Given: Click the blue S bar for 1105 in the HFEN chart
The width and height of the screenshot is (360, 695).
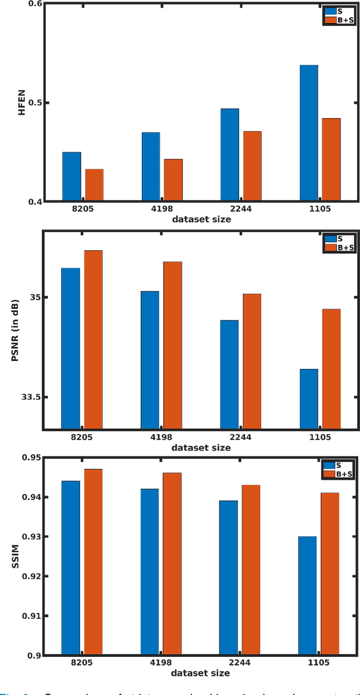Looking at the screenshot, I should (308, 133).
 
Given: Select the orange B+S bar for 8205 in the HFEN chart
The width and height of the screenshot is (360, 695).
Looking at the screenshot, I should (94, 184).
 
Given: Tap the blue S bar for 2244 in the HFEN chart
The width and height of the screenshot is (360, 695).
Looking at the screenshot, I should (229, 154).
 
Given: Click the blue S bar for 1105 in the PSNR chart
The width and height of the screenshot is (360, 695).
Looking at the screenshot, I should (308, 399).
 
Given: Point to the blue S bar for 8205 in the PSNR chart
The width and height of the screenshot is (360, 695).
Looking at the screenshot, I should (70, 349).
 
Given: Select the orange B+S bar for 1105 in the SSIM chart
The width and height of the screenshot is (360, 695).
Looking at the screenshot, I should (330, 574).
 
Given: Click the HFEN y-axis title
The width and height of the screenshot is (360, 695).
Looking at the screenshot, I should (22, 103).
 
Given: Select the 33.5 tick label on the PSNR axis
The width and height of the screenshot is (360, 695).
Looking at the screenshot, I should (30, 397).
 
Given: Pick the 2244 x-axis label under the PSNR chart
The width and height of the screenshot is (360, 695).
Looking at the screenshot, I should (240, 437).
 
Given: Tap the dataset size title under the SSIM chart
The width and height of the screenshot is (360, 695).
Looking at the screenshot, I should (201, 673).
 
